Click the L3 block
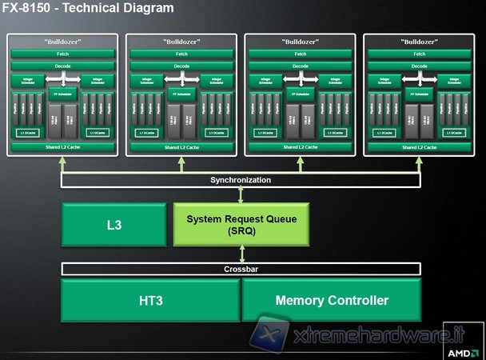click(115, 225)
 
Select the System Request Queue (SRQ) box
click(241, 225)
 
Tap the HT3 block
click(150, 300)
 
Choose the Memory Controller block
click(331, 300)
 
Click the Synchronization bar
click(241, 180)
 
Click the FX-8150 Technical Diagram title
click(88, 9)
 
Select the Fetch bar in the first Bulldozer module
click(62, 54)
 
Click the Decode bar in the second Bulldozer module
click(181, 66)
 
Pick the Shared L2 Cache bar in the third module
click(301, 147)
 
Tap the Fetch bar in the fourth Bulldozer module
click(420, 54)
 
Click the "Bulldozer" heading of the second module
click(181, 41)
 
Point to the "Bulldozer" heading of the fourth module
click(420, 41)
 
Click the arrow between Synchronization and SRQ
click(241, 194)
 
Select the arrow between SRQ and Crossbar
click(241, 254)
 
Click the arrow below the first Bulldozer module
click(62, 164)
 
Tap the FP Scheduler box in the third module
click(301, 94)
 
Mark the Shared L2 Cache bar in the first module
click(62, 147)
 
